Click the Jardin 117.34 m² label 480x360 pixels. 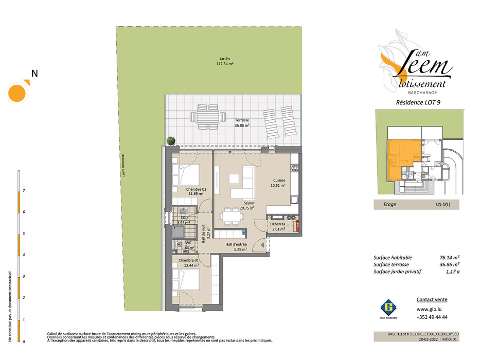224,62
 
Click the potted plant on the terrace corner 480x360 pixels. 171,140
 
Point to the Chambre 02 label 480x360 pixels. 197,191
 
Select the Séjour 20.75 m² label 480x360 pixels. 236,205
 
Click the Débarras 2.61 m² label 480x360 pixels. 278,226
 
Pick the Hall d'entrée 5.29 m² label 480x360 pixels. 237,247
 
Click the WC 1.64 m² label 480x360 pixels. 188,245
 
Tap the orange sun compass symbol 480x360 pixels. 17,92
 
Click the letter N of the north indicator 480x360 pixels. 34,74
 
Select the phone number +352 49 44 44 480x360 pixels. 430,317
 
